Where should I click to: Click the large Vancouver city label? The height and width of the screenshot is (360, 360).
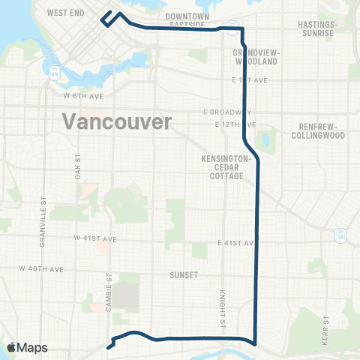[117, 121]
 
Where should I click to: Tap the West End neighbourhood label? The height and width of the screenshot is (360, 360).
[64, 13]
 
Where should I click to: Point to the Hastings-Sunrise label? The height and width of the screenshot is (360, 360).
[319, 29]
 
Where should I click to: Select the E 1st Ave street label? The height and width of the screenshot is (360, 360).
[244, 79]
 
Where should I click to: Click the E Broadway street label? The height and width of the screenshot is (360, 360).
[226, 112]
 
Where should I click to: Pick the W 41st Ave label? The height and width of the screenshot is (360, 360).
[96, 238]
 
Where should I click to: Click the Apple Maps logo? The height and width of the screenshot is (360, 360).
[26, 347]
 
